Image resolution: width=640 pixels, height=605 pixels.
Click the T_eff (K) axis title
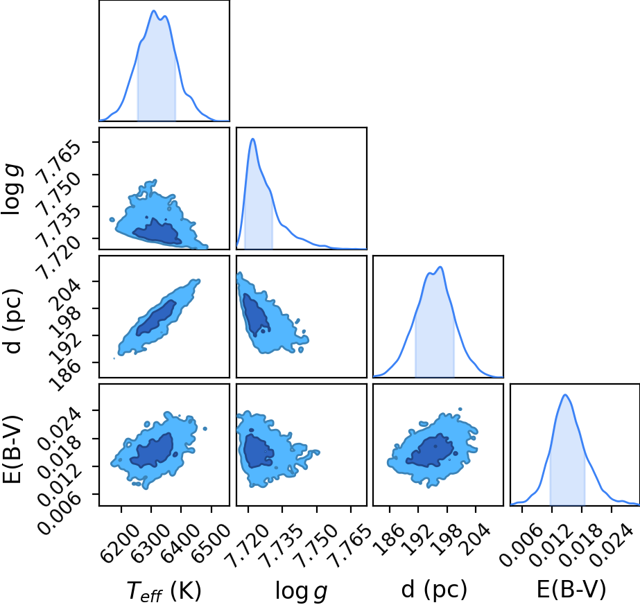click(164, 590)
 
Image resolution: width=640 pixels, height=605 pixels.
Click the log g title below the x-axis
click(301, 590)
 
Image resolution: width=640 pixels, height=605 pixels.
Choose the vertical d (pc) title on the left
click(12, 322)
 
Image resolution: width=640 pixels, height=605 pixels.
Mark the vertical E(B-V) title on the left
click(12, 449)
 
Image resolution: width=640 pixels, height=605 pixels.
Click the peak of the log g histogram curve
click(252, 139)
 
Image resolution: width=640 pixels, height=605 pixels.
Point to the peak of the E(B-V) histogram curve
click(565, 394)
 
